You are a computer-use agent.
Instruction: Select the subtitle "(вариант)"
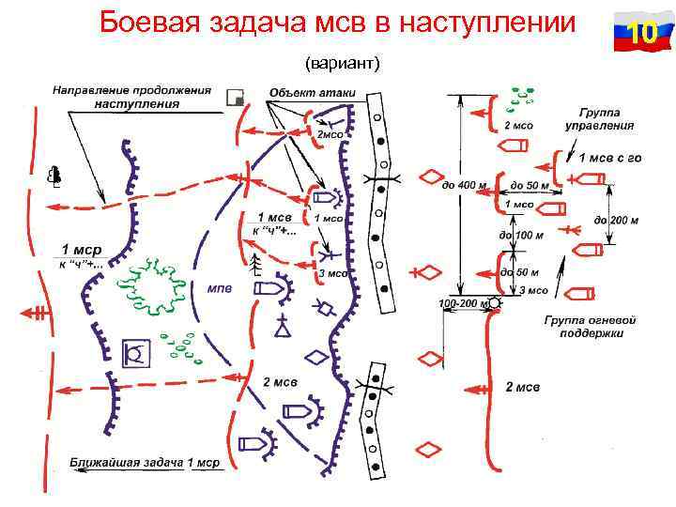[342, 63]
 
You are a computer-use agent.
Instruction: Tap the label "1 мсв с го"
[609, 157]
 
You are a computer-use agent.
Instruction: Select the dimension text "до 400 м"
[464, 185]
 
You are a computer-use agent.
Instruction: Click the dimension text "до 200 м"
[616, 221]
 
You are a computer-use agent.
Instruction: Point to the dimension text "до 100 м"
[521, 235]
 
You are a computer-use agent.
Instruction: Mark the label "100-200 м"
[460, 304]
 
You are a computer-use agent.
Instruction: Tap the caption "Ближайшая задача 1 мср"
[145, 463]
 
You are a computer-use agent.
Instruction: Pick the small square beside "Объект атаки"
[235, 96]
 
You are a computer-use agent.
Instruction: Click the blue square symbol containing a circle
[136, 354]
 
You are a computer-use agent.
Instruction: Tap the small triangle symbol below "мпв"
[282, 329]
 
